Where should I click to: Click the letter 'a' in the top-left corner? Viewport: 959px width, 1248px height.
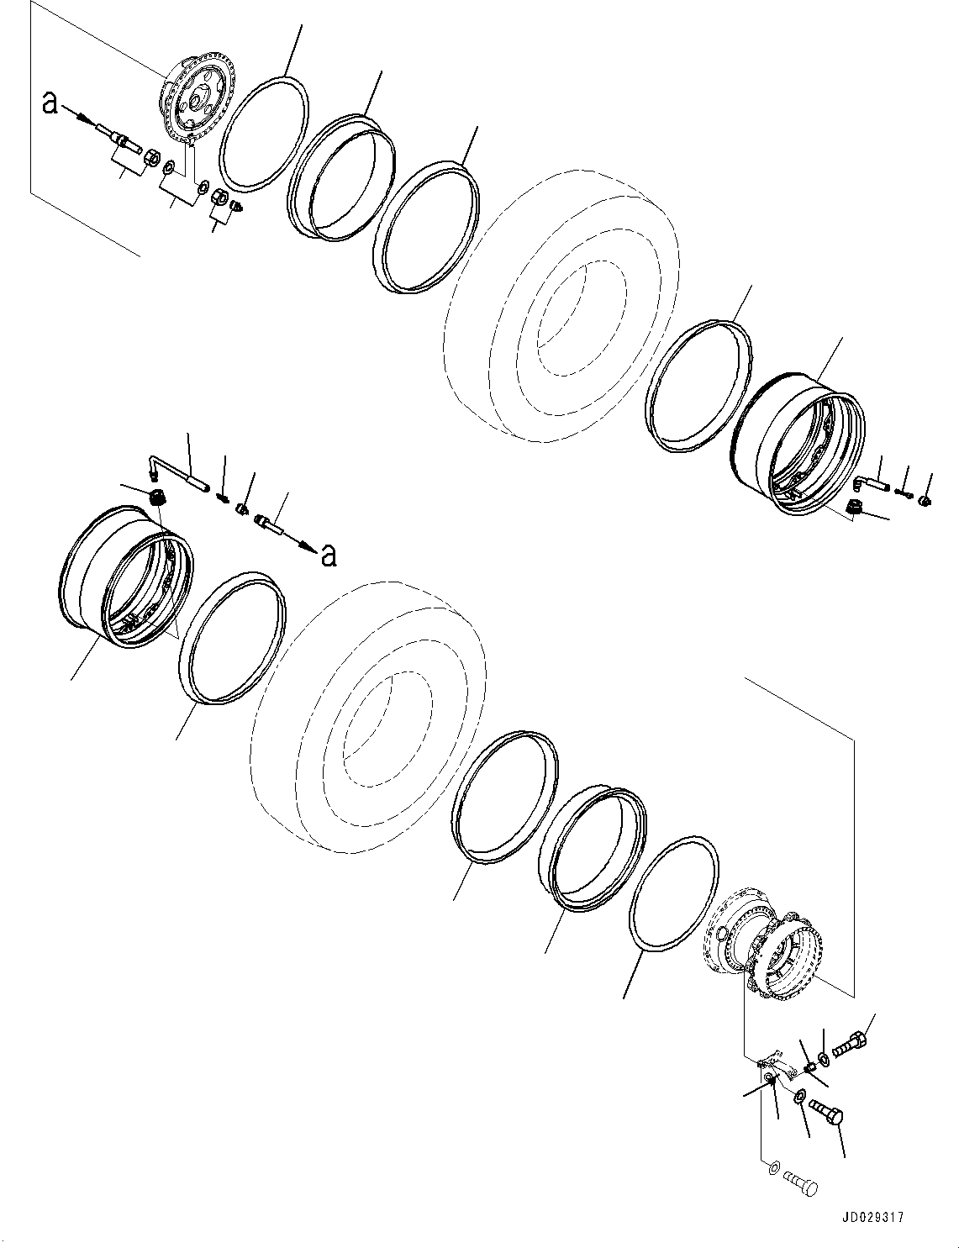50,103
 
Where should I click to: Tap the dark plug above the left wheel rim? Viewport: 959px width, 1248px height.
155,498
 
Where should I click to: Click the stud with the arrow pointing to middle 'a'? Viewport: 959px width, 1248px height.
270,527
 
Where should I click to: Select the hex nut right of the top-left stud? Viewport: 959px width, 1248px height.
151,156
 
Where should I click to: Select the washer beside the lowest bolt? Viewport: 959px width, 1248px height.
772,1168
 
